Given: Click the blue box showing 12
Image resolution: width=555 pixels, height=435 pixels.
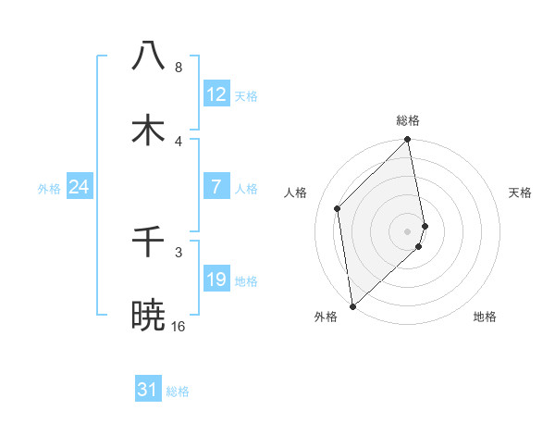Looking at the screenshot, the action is [x=216, y=94].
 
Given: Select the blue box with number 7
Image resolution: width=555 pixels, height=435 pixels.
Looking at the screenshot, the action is [x=216, y=187].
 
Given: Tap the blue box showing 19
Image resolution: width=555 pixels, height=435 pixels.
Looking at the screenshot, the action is [x=216, y=280].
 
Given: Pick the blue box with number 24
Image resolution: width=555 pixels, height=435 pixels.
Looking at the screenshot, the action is [x=80, y=187].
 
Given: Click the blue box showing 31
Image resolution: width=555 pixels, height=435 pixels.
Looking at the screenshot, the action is [x=148, y=390].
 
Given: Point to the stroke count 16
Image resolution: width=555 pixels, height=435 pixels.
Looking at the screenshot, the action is [x=179, y=326].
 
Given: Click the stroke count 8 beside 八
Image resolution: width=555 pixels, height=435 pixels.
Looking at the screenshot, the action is [x=179, y=67].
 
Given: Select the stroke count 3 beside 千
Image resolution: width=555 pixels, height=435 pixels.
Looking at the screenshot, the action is [x=179, y=252].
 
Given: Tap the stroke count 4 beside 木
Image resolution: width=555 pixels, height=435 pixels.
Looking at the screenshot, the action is [x=179, y=141].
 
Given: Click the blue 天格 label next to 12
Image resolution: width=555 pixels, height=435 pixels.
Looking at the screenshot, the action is [x=246, y=96].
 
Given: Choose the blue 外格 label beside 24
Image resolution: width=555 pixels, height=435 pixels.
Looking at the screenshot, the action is [x=49, y=189].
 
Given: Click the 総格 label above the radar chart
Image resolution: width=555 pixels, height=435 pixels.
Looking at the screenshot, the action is [x=408, y=120].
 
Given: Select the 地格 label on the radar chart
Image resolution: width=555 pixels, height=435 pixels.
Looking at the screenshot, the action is [x=485, y=317].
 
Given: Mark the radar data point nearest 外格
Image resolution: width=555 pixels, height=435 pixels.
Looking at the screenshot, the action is [x=352, y=305].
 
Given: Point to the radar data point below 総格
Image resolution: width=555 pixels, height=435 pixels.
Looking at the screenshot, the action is [x=408, y=141].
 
